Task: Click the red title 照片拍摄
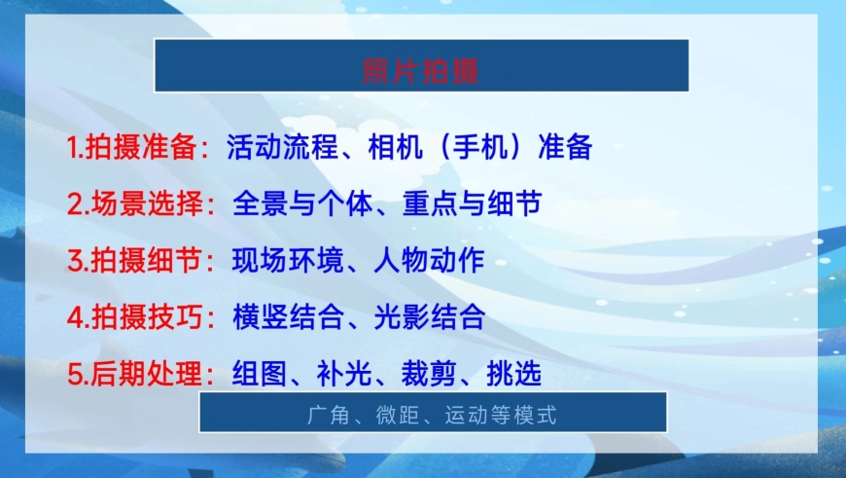click(420, 71)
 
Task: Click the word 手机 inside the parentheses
click(480, 147)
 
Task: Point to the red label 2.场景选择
click(135, 203)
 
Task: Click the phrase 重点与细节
click(472, 203)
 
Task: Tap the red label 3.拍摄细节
click(135, 260)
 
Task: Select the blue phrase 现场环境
click(288, 260)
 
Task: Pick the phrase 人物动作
click(430, 260)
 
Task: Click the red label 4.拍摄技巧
click(135, 317)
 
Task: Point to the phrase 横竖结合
click(288, 317)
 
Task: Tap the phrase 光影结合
click(430, 317)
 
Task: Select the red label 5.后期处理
click(135, 374)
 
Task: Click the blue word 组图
click(260, 374)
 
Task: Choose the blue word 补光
click(344, 374)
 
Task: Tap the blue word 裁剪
click(429, 374)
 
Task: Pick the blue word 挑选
click(513, 374)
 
